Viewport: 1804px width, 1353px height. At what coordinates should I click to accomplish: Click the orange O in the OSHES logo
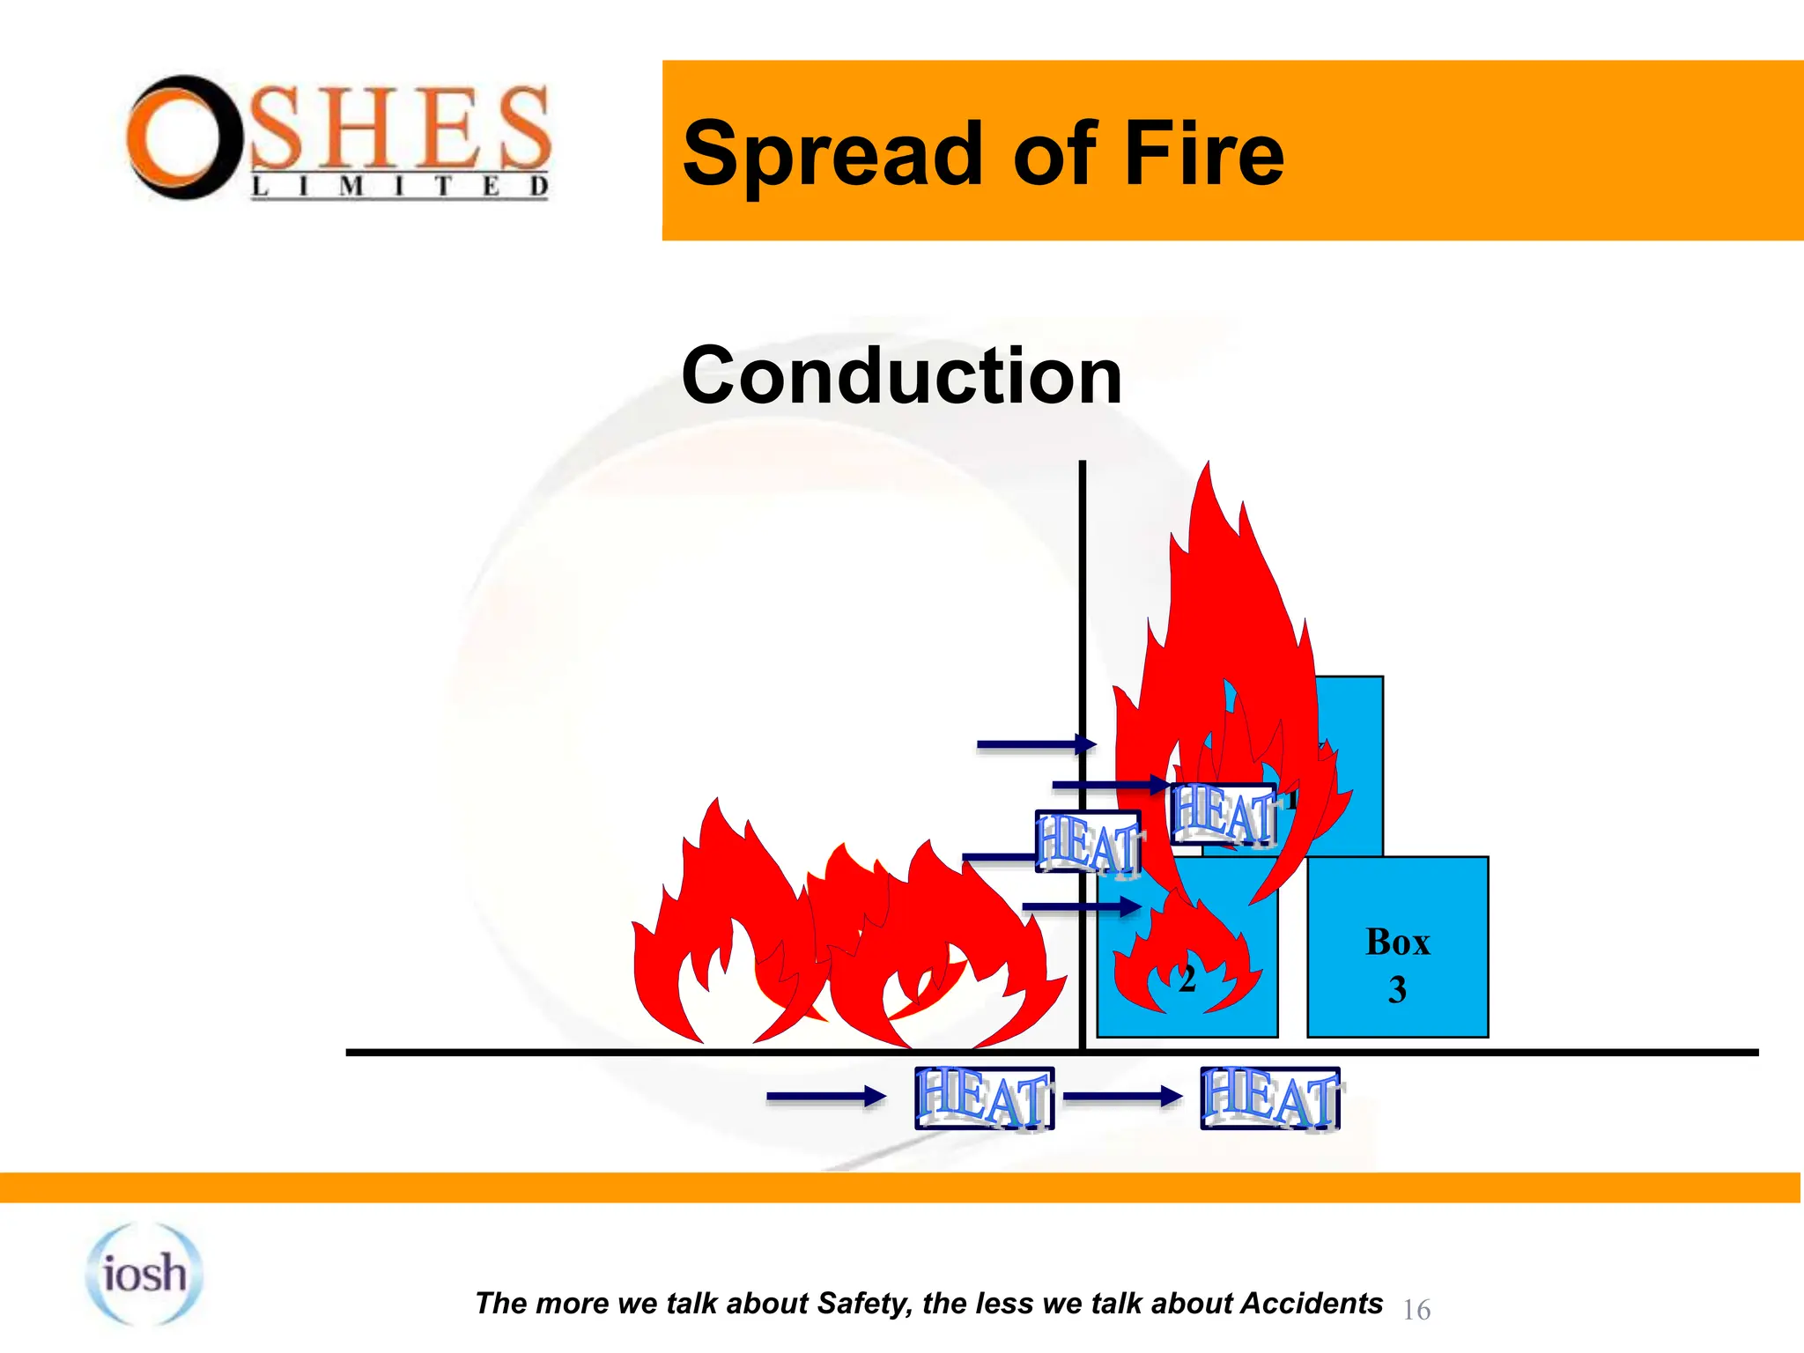pyautogui.click(x=182, y=137)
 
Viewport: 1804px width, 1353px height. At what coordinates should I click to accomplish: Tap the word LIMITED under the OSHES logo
pyautogui.click(x=401, y=187)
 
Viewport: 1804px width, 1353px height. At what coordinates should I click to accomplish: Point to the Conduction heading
pyautogui.click(x=901, y=376)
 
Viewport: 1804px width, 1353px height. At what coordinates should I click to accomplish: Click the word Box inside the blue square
pyautogui.click(x=1397, y=943)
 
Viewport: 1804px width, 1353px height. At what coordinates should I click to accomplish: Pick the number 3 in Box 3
pyautogui.click(x=1397, y=990)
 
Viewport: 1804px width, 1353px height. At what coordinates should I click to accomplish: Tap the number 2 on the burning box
pyautogui.click(x=1187, y=980)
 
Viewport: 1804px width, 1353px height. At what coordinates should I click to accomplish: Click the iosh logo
pyautogui.click(x=144, y=1274)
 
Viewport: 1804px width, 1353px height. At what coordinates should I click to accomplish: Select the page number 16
pyautogui.click(x=1416, y=1310)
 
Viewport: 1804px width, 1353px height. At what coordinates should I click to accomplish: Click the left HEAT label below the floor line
pyautogui.click(x=984, y=1098)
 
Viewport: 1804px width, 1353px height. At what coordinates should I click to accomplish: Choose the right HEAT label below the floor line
pyautogui.click(x=1269, y=1098)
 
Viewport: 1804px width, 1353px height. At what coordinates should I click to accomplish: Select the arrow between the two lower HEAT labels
pyautogui.click(x=1122, y=1097)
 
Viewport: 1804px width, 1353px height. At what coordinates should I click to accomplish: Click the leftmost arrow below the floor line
pyautogui.click(x=825, y=1097)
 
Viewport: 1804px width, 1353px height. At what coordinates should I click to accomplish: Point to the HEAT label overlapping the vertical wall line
pyautogui.click(x=1088, y=843)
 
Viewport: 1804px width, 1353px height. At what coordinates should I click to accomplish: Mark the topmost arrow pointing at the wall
pyautogui.click(x=1036, y=745)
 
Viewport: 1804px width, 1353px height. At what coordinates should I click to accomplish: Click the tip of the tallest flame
pyautogui.click(x=1209, y=467)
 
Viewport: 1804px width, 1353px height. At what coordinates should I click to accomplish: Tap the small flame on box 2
pyautogui.click(x=1185, y=956)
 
